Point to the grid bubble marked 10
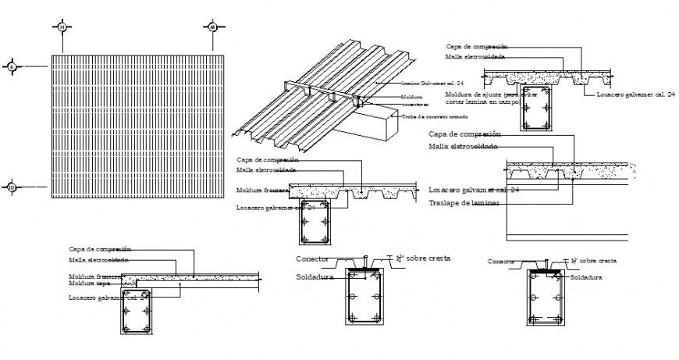pos(12,187)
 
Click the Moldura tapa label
pos(87,285)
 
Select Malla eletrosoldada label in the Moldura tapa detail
pos(98,260)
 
